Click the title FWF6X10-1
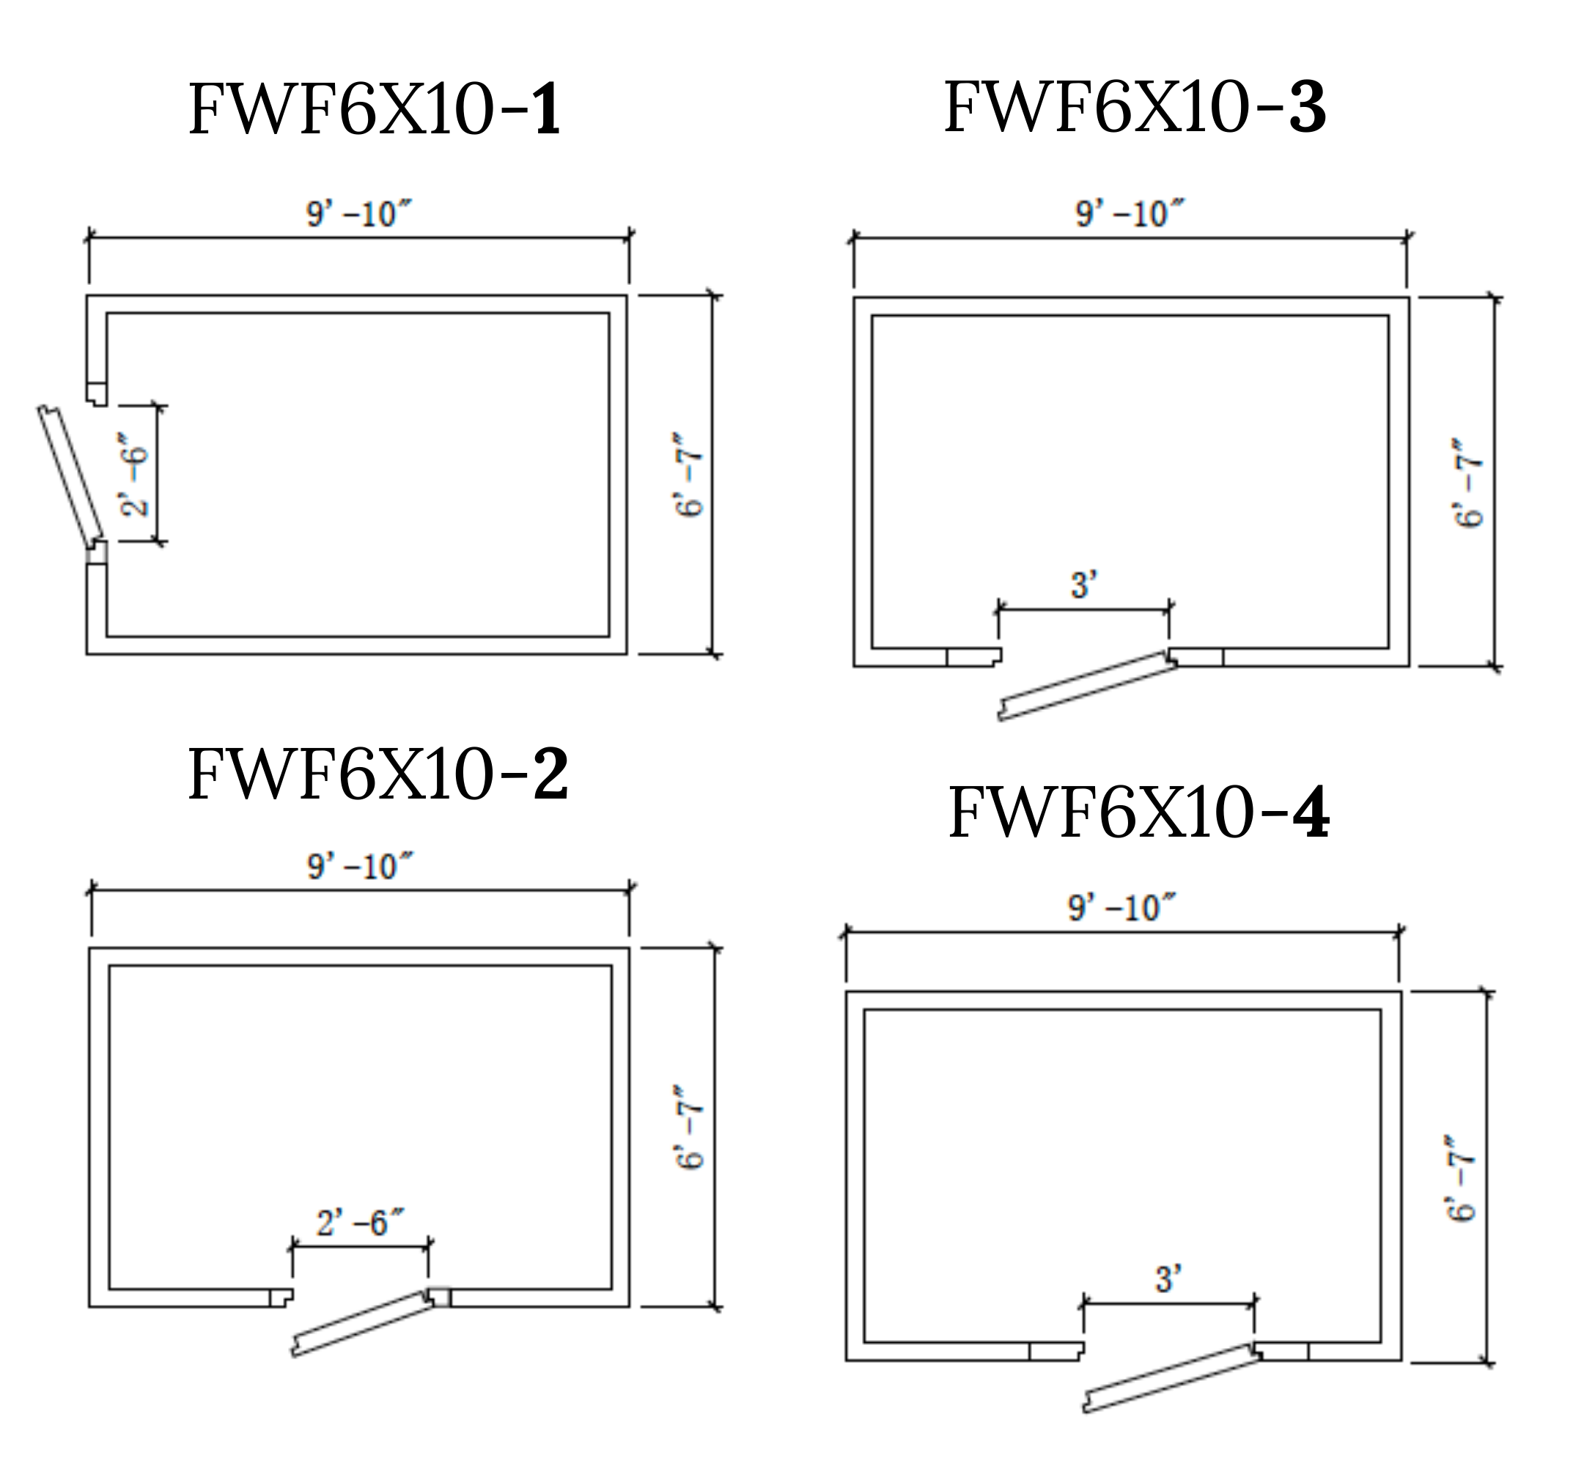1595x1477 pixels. tap(374, 109)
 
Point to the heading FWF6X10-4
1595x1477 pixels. tap(1138, 812)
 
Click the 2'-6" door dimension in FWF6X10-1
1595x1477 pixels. tap(135, 475)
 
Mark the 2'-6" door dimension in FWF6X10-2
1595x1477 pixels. tap(360, 1223)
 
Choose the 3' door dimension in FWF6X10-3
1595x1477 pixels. tap(1083, 586)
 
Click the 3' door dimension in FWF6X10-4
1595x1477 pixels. tap(1168, 1280)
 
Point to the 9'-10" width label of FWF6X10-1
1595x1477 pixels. tap(359, 214)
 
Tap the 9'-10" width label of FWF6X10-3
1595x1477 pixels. tap(1128, 214)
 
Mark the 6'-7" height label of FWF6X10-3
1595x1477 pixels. tap(1470, 482)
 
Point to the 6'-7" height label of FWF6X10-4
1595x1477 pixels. tap(1462, 1178)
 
